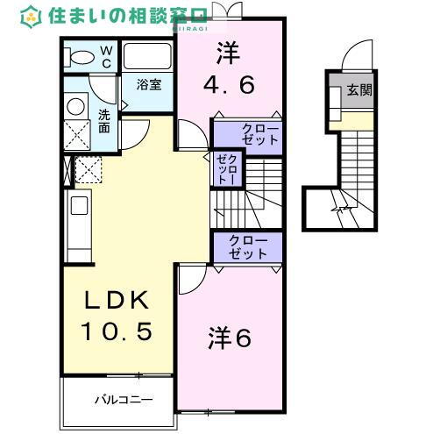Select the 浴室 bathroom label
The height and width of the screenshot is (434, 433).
(x=149, y=85)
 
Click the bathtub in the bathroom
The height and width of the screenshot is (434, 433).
(x=149, y=57)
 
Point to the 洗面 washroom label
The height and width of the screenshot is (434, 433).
(x=104, y=121)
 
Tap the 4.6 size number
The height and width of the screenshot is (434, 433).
(x=230, y=86)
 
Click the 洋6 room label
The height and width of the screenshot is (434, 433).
(x=230, y=338)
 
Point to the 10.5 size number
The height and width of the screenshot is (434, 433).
(x=118, y=331)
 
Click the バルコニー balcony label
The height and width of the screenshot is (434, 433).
(x=124, y=399)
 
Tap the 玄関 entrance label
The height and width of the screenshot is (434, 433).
(x=358, y=90)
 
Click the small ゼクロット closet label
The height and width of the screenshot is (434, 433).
(x=224, y=167)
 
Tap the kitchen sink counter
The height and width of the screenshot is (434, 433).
(x=75, y=219)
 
